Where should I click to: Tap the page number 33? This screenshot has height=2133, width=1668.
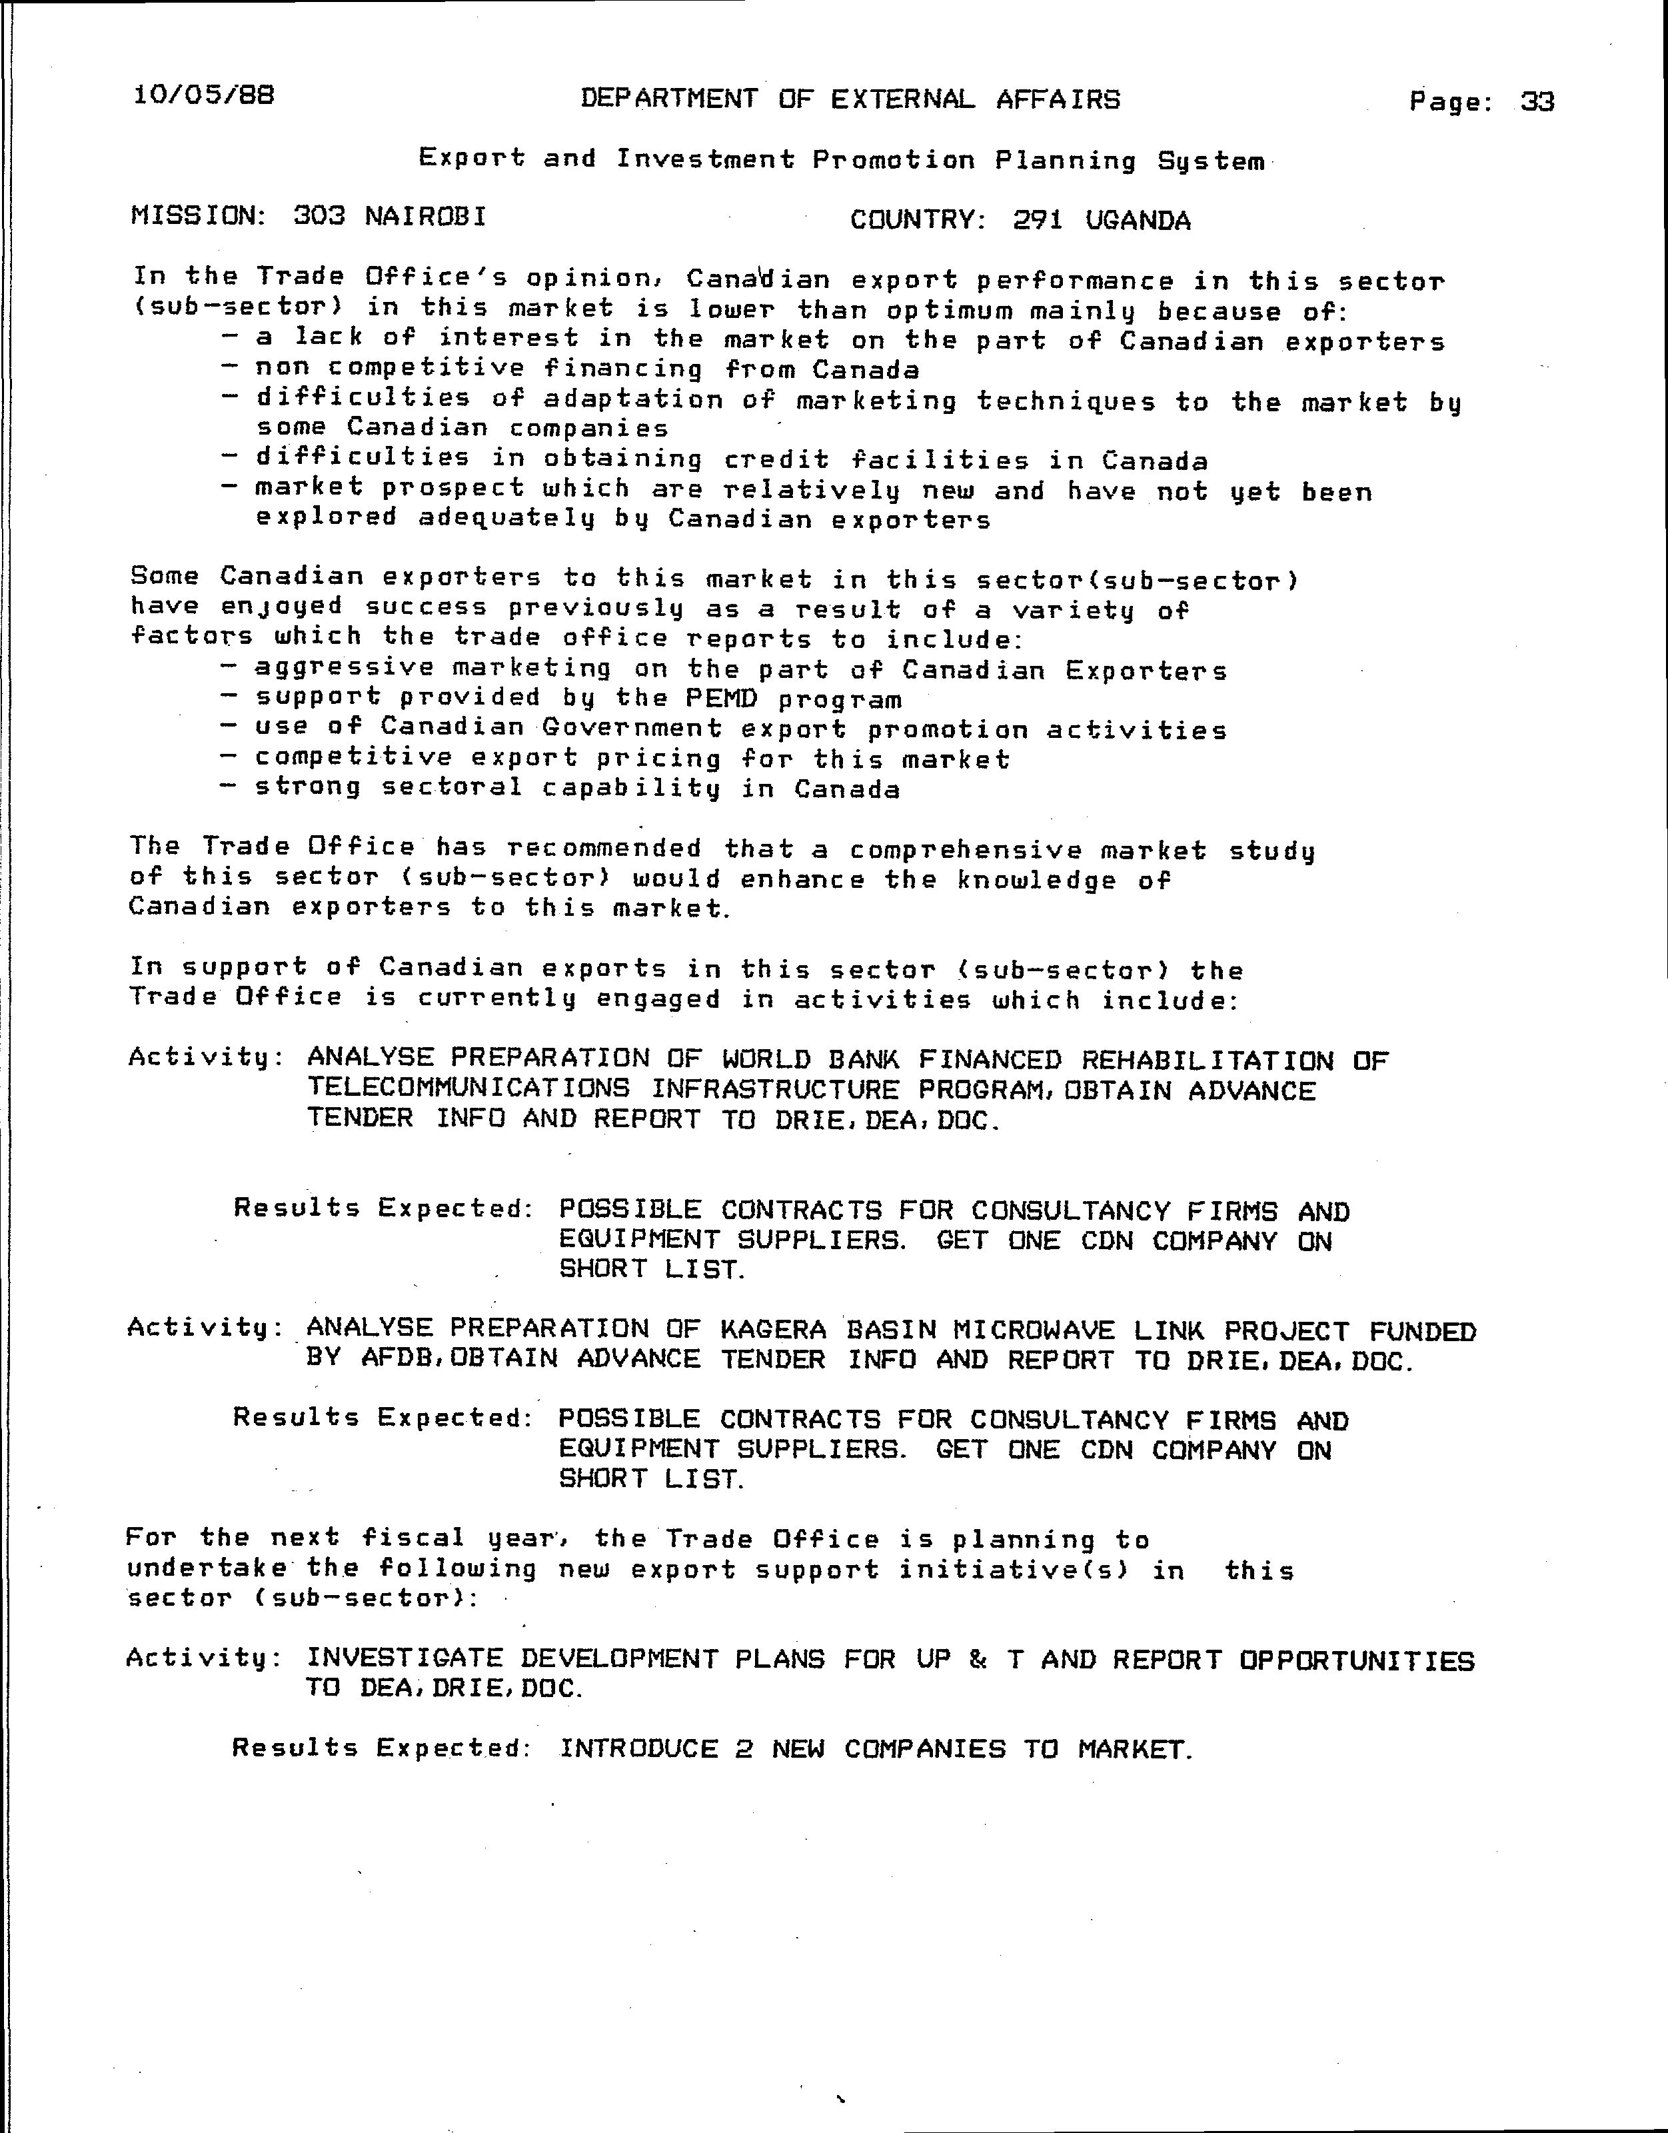pos(1537,101)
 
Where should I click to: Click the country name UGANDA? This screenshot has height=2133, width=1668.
pos(1138,221)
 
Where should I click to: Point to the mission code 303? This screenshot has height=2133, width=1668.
pos(319,216)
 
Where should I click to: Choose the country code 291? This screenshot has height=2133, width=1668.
pos(1038,221)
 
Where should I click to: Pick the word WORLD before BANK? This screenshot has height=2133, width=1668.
pos(766,1060)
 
